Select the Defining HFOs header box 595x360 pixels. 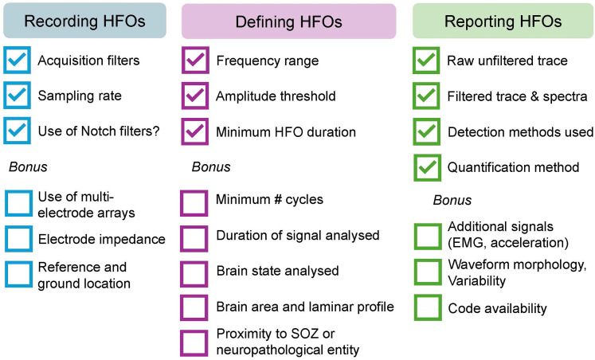coord(288,22)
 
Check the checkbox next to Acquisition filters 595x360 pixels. coord(15,61)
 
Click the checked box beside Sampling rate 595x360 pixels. coord(15,96)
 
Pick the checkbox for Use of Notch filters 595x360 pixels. coord(15,130)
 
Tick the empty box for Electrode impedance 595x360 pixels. coord(15,238)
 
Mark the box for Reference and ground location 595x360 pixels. coord(15,274)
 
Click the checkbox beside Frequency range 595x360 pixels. coord(194,61)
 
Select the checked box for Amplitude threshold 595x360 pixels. coord(194,96)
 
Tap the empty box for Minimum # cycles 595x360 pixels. coord(194,202)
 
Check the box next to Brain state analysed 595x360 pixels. coord(194,272)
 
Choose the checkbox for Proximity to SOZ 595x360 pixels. coord(194,342)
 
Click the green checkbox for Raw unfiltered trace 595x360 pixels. coord(426,61)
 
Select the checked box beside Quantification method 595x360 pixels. coord(426,166)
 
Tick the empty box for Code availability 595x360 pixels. coord(426,308)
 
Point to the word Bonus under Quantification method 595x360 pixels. coord(452,200)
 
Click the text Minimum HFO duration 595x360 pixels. coord(286,131)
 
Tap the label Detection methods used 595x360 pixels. coord(520,131)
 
